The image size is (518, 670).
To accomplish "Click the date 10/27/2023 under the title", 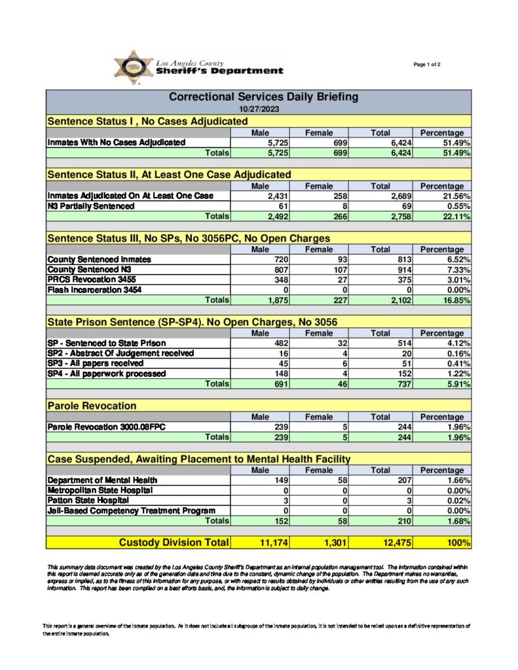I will (x=258, y=109).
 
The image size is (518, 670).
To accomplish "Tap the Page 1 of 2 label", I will (x=427, y=64).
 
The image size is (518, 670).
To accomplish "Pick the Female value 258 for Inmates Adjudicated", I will (x=335, y=196).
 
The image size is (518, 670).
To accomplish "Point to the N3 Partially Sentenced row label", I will (x=91, y=205).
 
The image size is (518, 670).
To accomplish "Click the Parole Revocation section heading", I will (x=92, y=406).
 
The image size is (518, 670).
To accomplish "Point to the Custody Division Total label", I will (x=174, y=542).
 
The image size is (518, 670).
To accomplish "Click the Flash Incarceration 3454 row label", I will (x=94, y=289).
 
